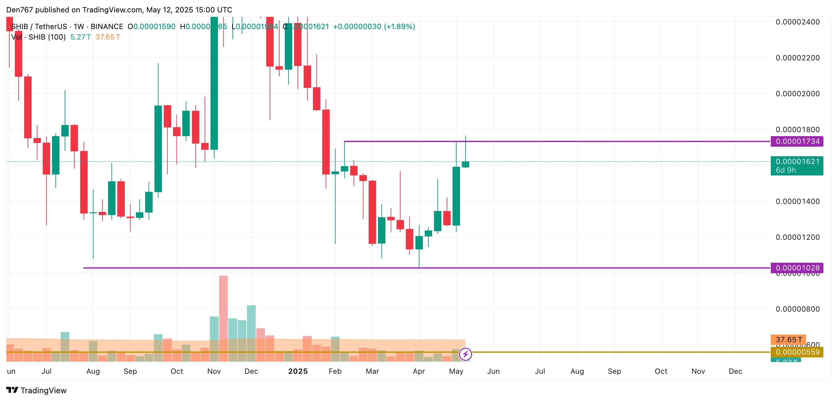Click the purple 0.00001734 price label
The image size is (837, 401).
point(797,141)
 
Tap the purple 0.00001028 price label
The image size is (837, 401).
point(797,268)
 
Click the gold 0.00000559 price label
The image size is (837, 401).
point(797,352)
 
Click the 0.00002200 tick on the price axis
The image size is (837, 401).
point(798,58)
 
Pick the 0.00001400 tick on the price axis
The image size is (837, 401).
point(798,201)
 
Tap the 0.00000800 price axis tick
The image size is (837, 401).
point(798,309)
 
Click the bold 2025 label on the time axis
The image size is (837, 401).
point(298,371)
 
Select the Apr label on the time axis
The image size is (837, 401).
point(419,371)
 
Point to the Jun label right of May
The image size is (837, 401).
point(493,371)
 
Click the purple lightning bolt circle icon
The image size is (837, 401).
point(465,354)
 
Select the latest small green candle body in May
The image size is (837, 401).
point(465,164)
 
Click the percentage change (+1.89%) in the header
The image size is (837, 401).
point(399,26)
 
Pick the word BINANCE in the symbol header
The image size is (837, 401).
point(106,26)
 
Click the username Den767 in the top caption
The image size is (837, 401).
point(20,10)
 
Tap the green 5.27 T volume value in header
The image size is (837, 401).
point(80,37)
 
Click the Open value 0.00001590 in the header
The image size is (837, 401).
point(154,26)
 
